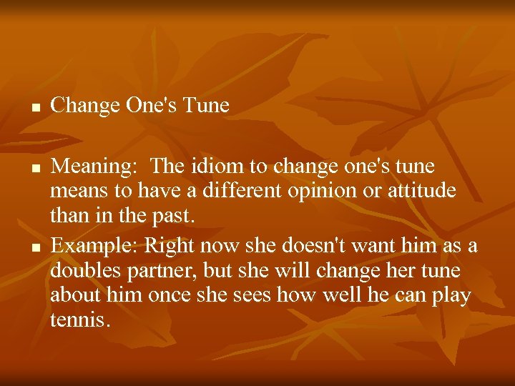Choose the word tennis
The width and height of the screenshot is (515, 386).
(80, 320)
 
